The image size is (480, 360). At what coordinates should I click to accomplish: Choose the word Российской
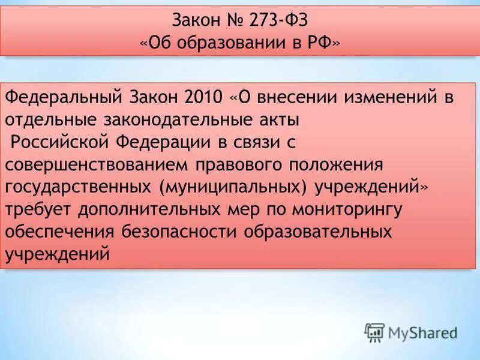pyautogui.click(x=59, y=142)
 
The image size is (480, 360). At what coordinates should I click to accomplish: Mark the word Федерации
pyautogui.click(x=163, y=142)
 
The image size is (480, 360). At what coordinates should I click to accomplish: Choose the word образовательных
pyautogui.click(x=314, y=232)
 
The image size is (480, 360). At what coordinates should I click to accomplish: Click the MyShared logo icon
pyautogui.click(x=374, y=332)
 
